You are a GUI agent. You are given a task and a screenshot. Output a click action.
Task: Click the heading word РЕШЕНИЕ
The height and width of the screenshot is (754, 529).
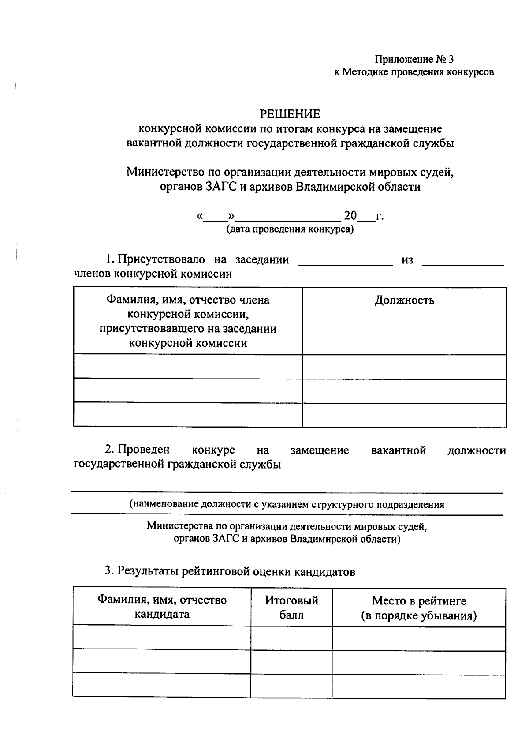pos(290,114)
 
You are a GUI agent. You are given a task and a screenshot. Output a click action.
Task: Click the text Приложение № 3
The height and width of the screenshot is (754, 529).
pos(414,59)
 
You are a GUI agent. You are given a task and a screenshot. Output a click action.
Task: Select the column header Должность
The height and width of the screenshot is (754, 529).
pos(404,300)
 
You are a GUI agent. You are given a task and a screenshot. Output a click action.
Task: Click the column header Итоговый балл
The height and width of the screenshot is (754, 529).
pos(291,608)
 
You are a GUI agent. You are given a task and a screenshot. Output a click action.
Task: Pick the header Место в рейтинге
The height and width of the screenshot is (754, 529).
pos(419,601)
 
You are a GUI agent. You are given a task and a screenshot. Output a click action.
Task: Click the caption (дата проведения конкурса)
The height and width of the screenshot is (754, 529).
pos(290,229)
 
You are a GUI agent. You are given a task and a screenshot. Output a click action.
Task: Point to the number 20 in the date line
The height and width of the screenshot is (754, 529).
pos(350,216)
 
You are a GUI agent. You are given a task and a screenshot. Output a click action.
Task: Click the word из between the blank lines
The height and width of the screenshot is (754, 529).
pos(407,260)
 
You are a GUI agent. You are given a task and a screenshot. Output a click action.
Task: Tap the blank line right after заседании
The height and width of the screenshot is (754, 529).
pos(345,264)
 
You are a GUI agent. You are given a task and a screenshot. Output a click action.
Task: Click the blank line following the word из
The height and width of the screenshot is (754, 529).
pos(463,264)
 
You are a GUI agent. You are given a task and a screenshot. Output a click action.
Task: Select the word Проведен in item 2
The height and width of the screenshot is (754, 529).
pos(143,450)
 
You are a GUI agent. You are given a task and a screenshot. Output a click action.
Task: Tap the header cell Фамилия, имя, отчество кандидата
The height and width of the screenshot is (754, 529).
pos(162,607)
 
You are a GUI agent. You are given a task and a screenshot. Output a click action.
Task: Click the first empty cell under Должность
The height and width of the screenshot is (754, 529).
pos(404,367)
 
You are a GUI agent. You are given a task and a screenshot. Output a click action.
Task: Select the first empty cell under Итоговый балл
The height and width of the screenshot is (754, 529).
pos(291,638)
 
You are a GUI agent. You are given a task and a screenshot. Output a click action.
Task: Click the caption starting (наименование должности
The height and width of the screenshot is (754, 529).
pos(287,504)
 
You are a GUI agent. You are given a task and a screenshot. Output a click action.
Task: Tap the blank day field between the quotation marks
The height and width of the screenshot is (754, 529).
pos(216,218)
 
